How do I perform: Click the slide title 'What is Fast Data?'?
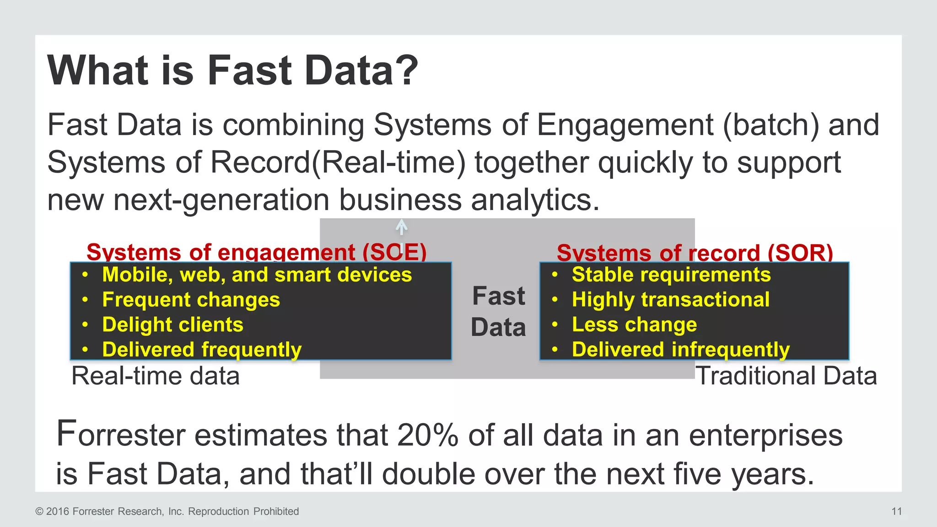(232, 70)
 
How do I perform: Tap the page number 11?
(896, 511)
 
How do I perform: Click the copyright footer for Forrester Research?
(167, 511)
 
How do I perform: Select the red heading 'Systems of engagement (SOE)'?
(256, 252)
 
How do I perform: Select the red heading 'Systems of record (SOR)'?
(695, 253)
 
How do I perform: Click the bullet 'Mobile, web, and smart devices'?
(257, 275)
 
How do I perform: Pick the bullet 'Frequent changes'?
(191, 300)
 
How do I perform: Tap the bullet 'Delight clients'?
(172, 325)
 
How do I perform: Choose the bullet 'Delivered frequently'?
(202, 350)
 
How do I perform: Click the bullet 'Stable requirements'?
(671, 275)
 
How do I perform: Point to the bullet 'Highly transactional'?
(670, 300)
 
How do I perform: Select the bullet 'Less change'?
(634, 325)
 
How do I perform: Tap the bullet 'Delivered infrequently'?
(680, 350)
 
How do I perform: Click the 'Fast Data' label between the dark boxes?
(498, 312)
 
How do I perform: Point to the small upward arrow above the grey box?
(401, 227)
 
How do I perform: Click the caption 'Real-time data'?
(156, 376)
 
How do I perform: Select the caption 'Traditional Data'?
(786, 376)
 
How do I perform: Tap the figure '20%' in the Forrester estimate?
(427, 435)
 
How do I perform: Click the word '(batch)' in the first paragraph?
(771, 125)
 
